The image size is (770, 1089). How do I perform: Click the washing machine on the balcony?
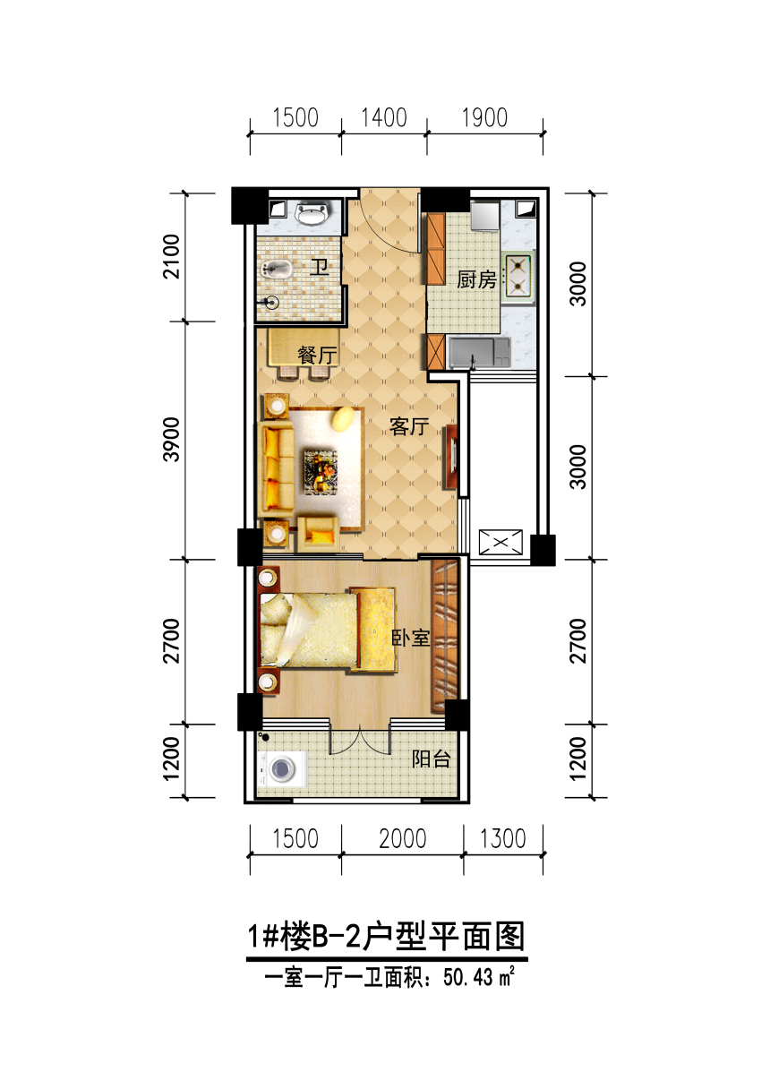282,767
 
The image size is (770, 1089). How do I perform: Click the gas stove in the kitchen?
519,275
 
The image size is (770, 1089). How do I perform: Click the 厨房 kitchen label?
476,280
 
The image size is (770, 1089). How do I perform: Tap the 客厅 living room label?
409,426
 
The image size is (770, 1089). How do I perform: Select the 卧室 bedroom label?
411,639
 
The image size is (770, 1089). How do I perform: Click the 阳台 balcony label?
432,759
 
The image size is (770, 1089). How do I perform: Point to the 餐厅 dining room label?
318,356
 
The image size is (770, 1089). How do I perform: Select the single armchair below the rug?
318,534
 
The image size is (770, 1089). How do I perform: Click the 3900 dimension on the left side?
172,440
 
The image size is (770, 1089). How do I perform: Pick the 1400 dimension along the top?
384,118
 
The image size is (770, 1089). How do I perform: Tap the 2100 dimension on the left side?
172,257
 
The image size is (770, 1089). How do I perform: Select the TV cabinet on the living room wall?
451,457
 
